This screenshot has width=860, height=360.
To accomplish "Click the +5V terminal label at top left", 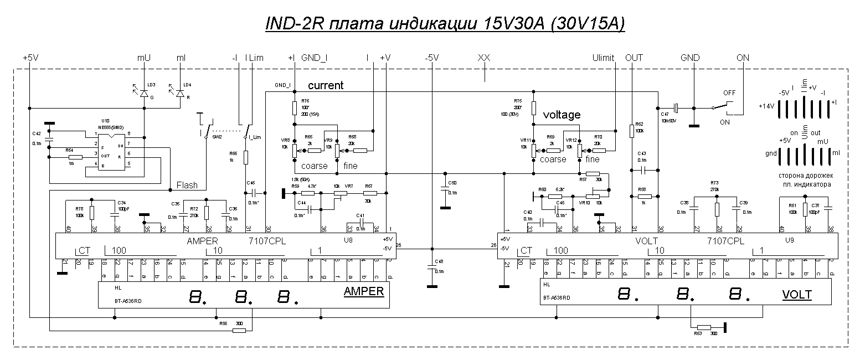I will (x=30, y=58).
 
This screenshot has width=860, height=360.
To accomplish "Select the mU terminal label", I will (x=143, y=58).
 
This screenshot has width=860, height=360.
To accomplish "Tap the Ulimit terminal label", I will (x=603, y=58).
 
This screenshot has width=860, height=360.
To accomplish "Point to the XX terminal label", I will (x=484, y=58).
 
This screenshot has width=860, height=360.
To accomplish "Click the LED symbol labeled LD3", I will (x=144, y=94).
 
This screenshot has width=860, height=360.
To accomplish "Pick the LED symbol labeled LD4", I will (x=179, y=94).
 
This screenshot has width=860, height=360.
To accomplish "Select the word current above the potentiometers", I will (x=326, y=85).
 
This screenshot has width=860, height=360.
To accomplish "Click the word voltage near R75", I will (x=562, y=115).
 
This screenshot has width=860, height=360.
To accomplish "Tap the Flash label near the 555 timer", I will (x=187, y=185).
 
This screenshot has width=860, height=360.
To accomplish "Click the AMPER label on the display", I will (x=364, y=291).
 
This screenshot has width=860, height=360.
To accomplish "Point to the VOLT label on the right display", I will (x=797, y=295).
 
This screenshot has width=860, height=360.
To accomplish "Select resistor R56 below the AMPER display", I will (x=239, y=331).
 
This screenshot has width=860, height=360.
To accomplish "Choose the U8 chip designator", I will (x=348, y=241).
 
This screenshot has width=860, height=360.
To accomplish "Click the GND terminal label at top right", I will (x=690, y=58).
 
